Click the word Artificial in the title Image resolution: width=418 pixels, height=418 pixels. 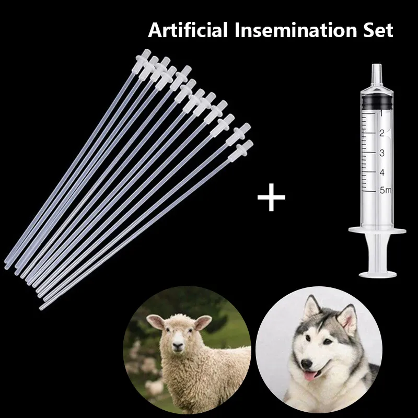[x=188, y=30]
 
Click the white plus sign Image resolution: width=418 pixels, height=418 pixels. [x=271, y=198]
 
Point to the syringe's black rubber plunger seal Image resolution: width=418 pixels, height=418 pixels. [x=377, y=102]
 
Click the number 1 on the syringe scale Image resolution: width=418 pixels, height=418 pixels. [x=381, y=113]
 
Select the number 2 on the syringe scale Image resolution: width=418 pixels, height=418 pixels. [x=382, y=133]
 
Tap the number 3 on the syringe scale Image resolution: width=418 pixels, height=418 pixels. [x=382, y=153]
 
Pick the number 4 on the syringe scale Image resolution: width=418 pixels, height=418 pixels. [x=382, y=172]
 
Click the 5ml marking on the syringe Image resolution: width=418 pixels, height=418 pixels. [x=385, y=190]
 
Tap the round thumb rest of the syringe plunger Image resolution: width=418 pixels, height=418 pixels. [x=378, y=274]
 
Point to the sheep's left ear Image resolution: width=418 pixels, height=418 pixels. [x=203, y=322]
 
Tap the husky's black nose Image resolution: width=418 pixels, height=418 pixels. [x=307, y=363]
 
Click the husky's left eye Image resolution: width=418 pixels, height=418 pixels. [x=328, y=341]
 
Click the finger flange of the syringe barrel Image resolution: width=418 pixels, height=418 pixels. [x=377, y=230]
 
